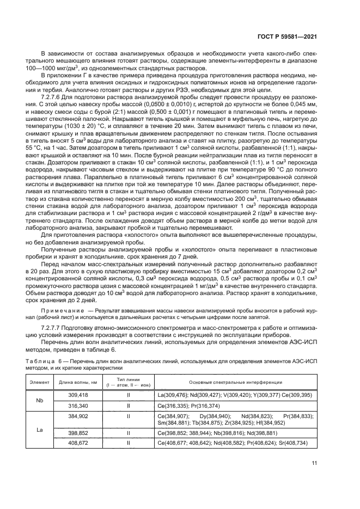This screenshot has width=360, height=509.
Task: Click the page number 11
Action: (x=314, y=463)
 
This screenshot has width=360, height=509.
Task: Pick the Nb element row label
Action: (x=40, y=400)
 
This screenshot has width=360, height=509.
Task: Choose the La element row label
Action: (x=40, y=430)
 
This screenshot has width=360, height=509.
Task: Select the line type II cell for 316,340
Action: (x=128, y=406)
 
